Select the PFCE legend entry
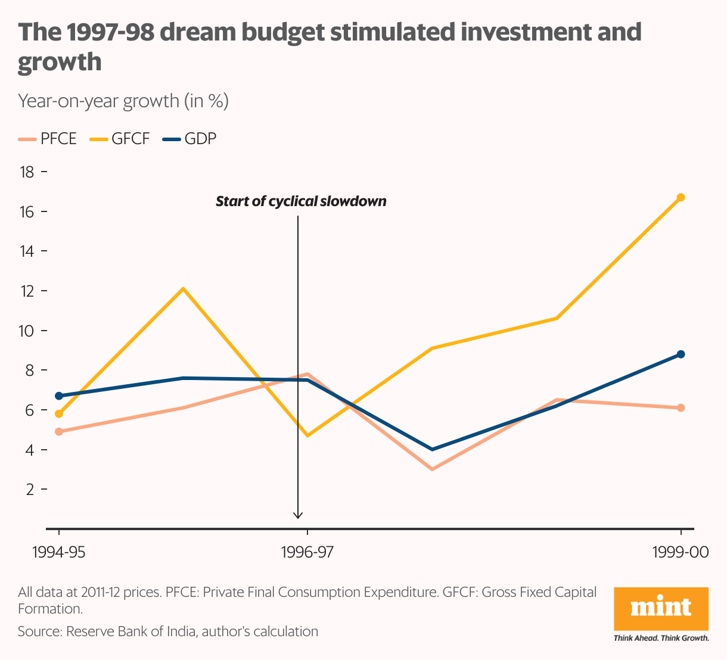(x=48, y=139)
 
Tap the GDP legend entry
(x=191, y=139)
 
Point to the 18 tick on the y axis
(x=27, y=172)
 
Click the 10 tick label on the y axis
(x=27, y=331)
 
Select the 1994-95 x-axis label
(x=58, y=552)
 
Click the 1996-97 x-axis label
(x=307, y=552)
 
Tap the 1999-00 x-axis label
(x=681, y=552)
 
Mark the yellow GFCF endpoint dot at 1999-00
(x=681, y=197)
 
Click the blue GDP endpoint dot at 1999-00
(x=681, y=354)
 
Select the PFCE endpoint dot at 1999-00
(x=681, y=408)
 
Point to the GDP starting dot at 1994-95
(x=58, y=396)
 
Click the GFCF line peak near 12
(x=184, y=289)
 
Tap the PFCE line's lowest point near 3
(x=432, y=469)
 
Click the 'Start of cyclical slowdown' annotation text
(x=301, y=201)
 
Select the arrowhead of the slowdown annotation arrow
(x=298, y=515)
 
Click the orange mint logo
(x=661, y=608)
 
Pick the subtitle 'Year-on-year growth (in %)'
(x=123, y=101)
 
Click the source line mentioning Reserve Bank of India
(x=168, y=631)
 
